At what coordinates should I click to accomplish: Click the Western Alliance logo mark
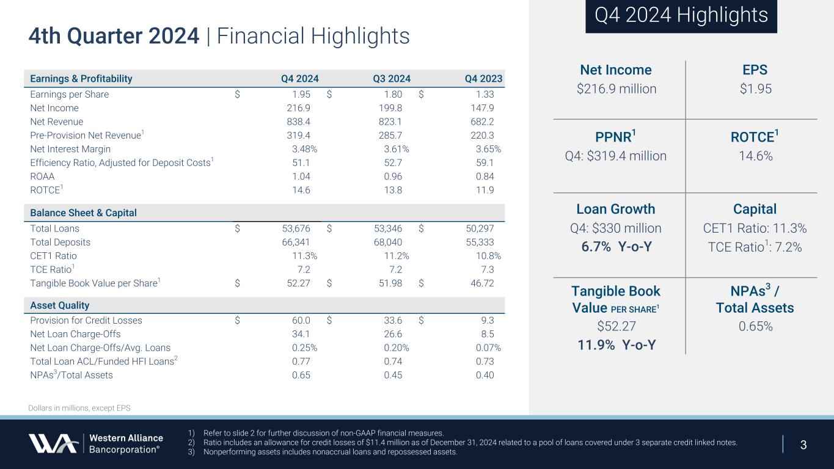53,443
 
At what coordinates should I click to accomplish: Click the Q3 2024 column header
391,78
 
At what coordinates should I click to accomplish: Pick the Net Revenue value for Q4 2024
298,122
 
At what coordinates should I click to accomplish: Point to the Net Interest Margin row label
70,149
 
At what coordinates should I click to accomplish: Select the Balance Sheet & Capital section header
84,213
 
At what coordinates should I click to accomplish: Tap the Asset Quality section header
60,305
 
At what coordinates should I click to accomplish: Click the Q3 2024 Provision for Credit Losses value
391,321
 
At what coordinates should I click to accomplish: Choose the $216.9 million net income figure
616,89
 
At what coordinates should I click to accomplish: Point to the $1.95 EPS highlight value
756,89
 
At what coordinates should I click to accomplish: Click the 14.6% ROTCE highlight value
756,156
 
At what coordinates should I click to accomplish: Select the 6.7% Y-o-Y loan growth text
616,247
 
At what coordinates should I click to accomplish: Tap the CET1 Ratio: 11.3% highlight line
756,229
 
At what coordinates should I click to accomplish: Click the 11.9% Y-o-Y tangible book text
616,345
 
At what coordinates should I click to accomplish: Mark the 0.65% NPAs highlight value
756,327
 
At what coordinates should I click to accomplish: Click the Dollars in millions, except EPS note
79,408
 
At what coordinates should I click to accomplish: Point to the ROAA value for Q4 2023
485,176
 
